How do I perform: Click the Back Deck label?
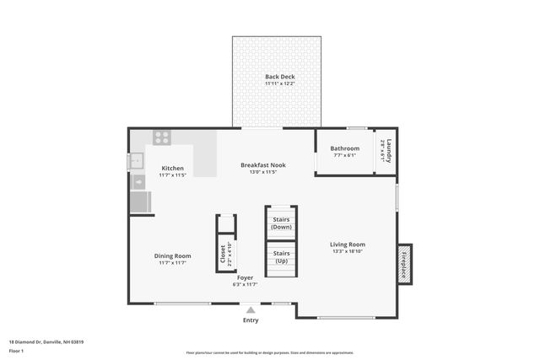[278, 77]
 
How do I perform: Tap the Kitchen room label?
[172, 168]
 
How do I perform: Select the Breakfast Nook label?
[262, 164]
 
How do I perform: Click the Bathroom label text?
[344, 148]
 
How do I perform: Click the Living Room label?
[347, 244]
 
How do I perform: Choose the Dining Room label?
[172, 255]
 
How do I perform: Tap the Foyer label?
[245, 277]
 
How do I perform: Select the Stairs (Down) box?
[281, 223]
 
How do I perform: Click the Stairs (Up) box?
[281, 257]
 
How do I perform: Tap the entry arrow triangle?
[251, 310]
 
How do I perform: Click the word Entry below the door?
[251, 320]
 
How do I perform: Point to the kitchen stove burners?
[162, 137]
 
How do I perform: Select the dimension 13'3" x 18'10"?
[347, 251]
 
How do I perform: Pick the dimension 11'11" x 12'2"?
[278, 83]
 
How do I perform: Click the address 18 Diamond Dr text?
[46, 341]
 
